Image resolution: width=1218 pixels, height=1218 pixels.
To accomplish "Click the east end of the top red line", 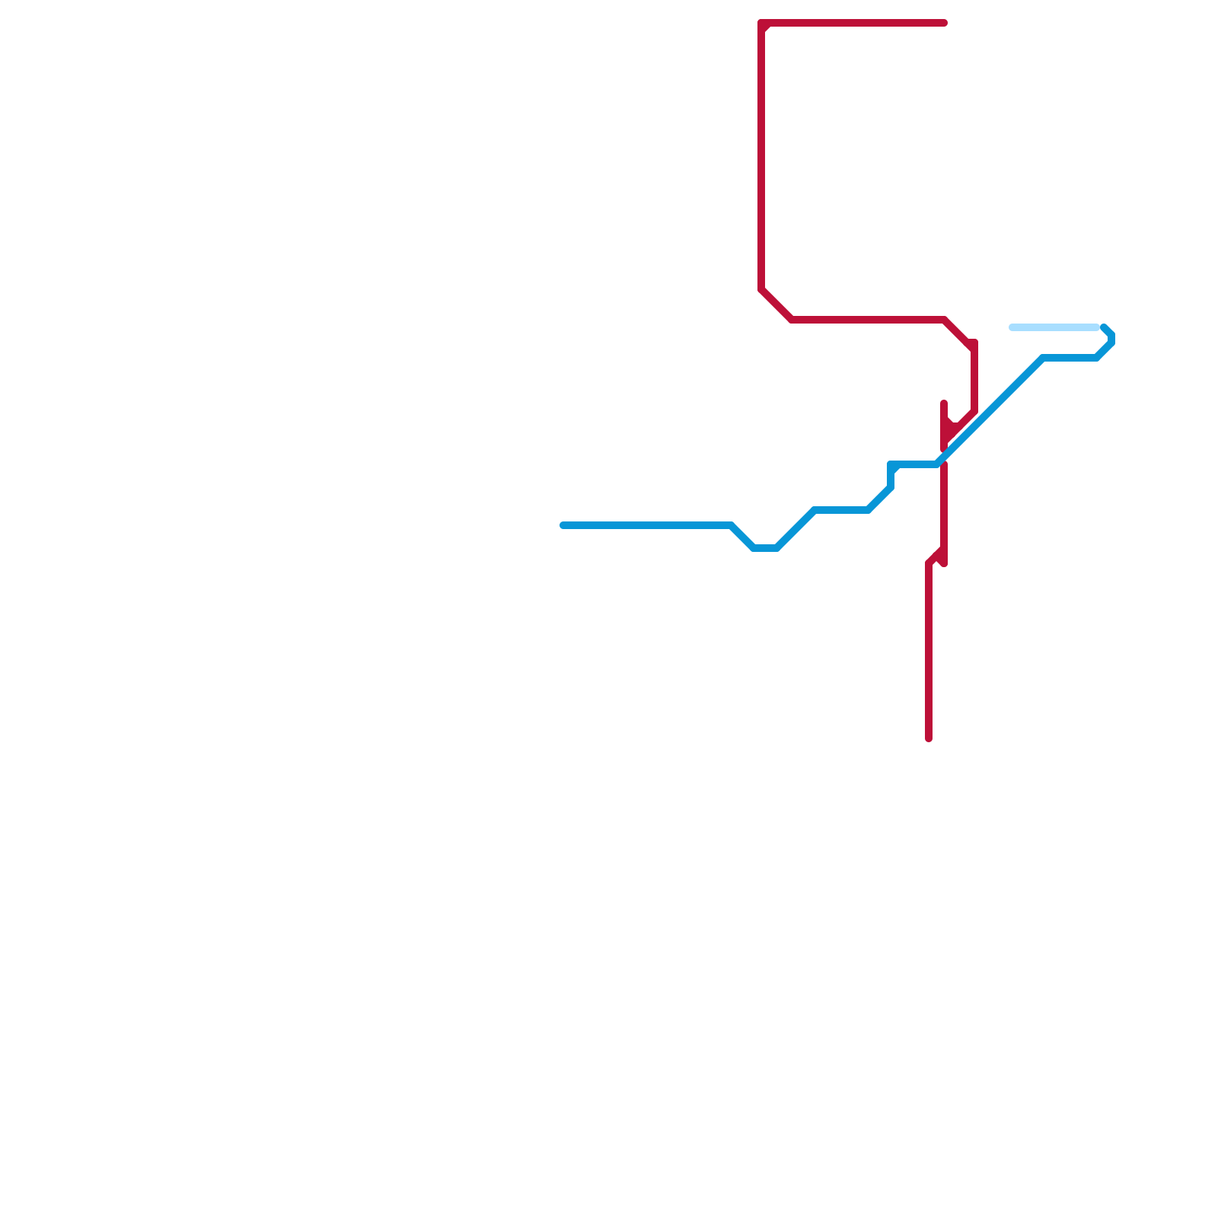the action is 944,23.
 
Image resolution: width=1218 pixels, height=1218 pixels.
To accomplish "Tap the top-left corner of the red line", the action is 762,24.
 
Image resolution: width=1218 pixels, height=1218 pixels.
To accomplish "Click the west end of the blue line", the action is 563,525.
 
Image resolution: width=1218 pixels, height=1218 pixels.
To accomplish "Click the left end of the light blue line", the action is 1012,327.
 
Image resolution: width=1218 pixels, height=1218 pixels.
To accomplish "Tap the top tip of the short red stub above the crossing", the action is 944,403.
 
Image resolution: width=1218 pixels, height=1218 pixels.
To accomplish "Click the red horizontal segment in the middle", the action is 868,320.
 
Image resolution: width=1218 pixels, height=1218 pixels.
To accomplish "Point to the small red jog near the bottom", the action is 936,556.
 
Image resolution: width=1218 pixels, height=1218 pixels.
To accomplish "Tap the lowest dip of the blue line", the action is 765,548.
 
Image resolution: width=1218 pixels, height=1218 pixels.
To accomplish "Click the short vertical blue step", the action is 891,476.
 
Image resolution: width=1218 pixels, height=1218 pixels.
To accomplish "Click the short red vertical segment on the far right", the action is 974,377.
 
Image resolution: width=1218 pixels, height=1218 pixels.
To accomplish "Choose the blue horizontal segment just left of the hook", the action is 1070,358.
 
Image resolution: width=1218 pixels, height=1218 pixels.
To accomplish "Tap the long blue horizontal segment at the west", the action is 647,525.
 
